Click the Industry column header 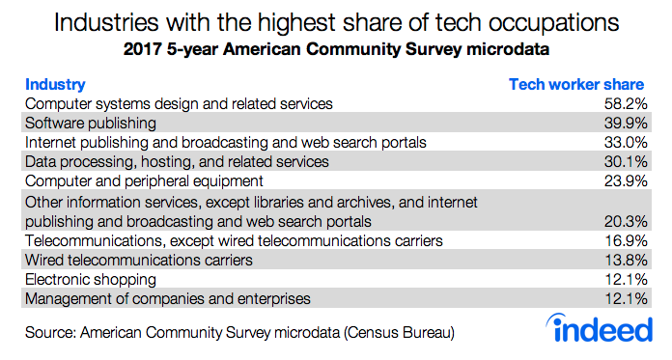pyautogui.click(x=55, y=85)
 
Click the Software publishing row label pyautogui.click(x=88, y=124)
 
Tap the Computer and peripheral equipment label pyautogui.click(x=142, y=181)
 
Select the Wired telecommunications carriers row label pyautogui.click(x=139, y=260)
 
